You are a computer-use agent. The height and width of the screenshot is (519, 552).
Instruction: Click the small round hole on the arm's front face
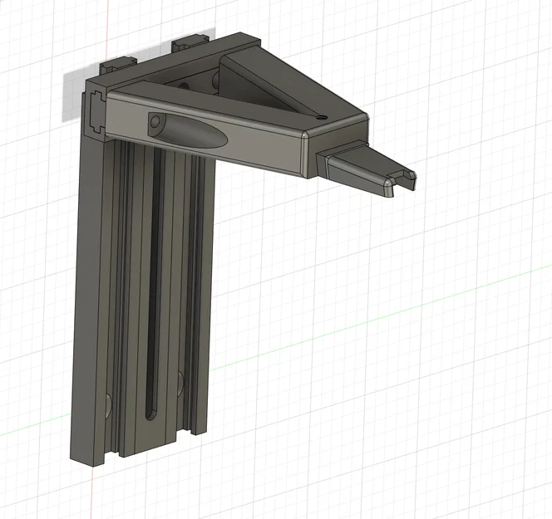point(155,125)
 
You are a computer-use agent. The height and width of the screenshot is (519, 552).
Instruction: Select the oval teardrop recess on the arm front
point(187,130)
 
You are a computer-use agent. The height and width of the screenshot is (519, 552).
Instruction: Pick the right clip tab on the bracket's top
point(190,42)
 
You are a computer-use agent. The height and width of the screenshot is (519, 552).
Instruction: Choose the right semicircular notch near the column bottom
point(180,382)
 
